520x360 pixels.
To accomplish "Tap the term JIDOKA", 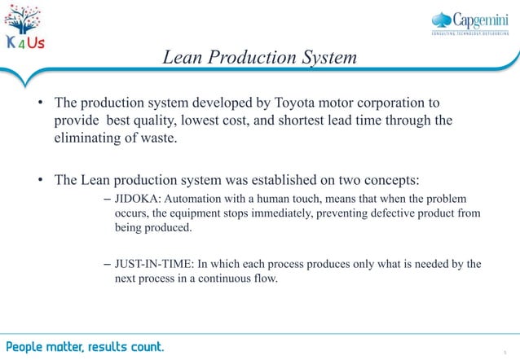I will click(139, 200).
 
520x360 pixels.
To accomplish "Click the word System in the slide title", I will click(325, 58).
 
